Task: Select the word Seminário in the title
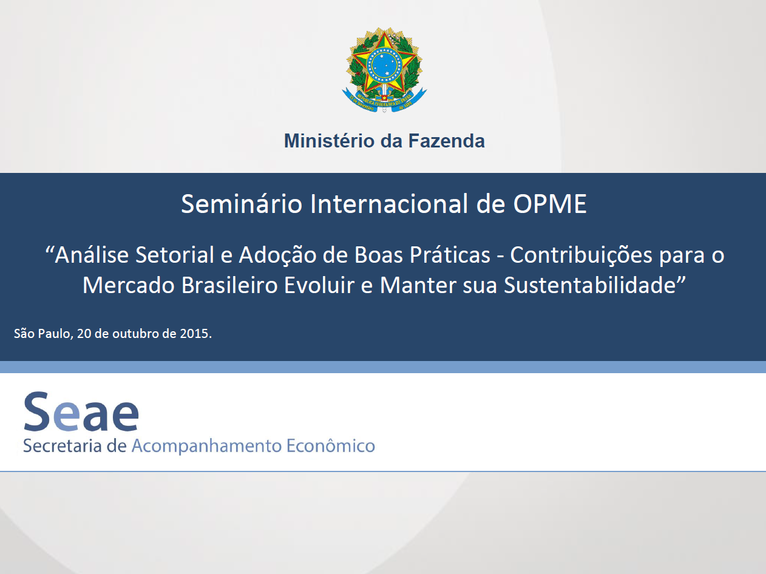pos(242,204)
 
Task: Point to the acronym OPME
pos(549,204)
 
